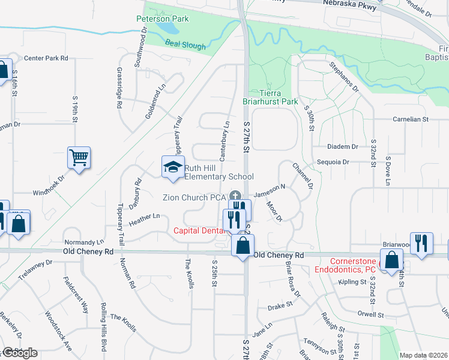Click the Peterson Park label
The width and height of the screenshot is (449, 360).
tap(163, 19)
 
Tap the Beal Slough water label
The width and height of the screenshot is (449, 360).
tap(185, 46)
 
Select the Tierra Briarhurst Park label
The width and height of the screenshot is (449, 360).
tap(270, 98)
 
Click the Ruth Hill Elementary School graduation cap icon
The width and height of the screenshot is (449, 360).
tap(172, 167)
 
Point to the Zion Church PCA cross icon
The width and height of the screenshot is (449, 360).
tap(235, 196)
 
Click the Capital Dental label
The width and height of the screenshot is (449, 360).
tap(196, 231)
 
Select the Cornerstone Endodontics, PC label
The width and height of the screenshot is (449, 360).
tap(354, 265)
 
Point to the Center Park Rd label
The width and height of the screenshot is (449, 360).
tap(46, 58)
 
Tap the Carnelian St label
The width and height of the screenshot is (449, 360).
tap(409, 119)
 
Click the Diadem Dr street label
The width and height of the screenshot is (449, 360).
tap(343, 146)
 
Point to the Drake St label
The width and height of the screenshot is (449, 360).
tap(280, 305)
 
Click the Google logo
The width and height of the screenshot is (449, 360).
tap(19, 353)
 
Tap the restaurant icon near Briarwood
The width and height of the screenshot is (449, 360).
tap(422, 242)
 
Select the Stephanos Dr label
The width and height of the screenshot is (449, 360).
tap(343, 76)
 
